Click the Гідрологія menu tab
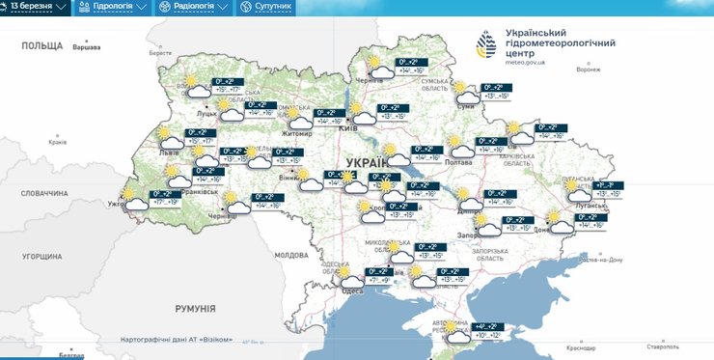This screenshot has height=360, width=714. [114, 7]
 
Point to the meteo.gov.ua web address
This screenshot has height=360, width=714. [525, 65]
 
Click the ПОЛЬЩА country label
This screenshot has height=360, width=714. [41, 45]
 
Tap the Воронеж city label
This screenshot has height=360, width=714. [588, 69]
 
